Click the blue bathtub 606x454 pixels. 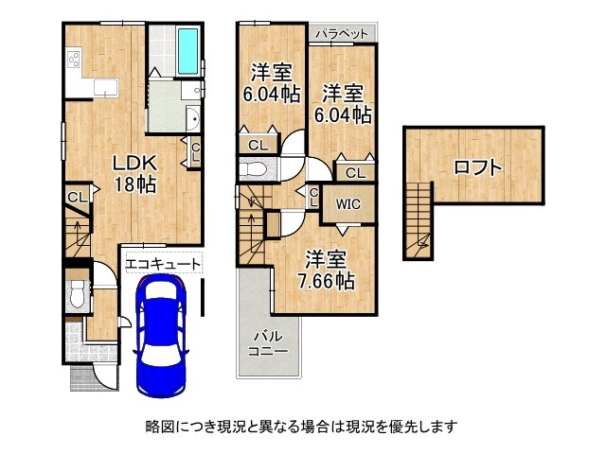pos(187,51)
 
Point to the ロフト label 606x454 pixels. pos(477,167)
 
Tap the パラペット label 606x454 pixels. pos(342,34)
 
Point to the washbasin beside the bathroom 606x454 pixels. pos(192,120)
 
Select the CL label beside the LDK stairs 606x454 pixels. pos(77,198)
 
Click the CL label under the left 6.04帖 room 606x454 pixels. pos(258,145)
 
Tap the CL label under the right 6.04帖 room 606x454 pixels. pos(354,173)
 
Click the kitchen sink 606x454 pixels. pos(102,89)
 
